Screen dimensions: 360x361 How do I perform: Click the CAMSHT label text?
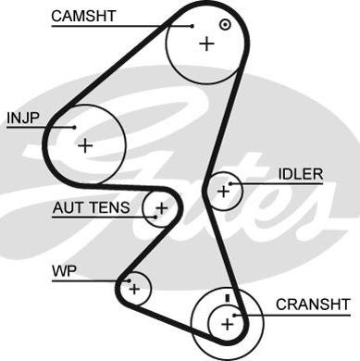(83, 16)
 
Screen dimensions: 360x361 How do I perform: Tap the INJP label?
(23, 118)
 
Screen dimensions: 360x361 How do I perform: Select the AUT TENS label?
(91, 207)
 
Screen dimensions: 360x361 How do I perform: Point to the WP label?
(64, 271)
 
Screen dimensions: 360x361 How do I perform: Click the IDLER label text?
(301, 174)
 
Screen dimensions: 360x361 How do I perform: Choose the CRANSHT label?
(313, 305)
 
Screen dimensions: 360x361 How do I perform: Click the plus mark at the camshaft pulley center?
(206, 44)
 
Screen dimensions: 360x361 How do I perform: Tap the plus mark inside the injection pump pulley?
(85, 145)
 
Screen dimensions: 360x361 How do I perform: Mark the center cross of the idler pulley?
(223, 192)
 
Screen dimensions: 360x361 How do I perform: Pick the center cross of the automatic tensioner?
(161, 208)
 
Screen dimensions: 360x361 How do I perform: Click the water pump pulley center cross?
(134, 289)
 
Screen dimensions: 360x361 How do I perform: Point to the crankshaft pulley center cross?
(228, 324)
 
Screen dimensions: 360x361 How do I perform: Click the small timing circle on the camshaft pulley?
(225, 24)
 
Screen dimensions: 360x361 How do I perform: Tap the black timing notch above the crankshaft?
(228, 298)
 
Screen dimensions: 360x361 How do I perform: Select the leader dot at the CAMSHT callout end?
(192, 26)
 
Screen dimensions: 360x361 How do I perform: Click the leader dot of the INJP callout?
(74, 127)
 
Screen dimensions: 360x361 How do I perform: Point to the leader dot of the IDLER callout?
(230, 184)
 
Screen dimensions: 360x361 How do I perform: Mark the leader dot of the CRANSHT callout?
(234, 316)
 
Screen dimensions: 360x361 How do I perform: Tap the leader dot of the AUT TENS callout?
(155, 217)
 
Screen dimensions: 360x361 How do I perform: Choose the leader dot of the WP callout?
(129, 280)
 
